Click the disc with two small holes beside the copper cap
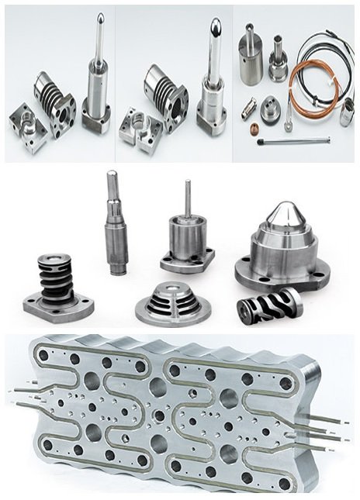[270, 109]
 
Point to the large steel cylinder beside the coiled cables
[251, 57]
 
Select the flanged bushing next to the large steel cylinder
[278, 60]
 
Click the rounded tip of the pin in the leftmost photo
[100, 17]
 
